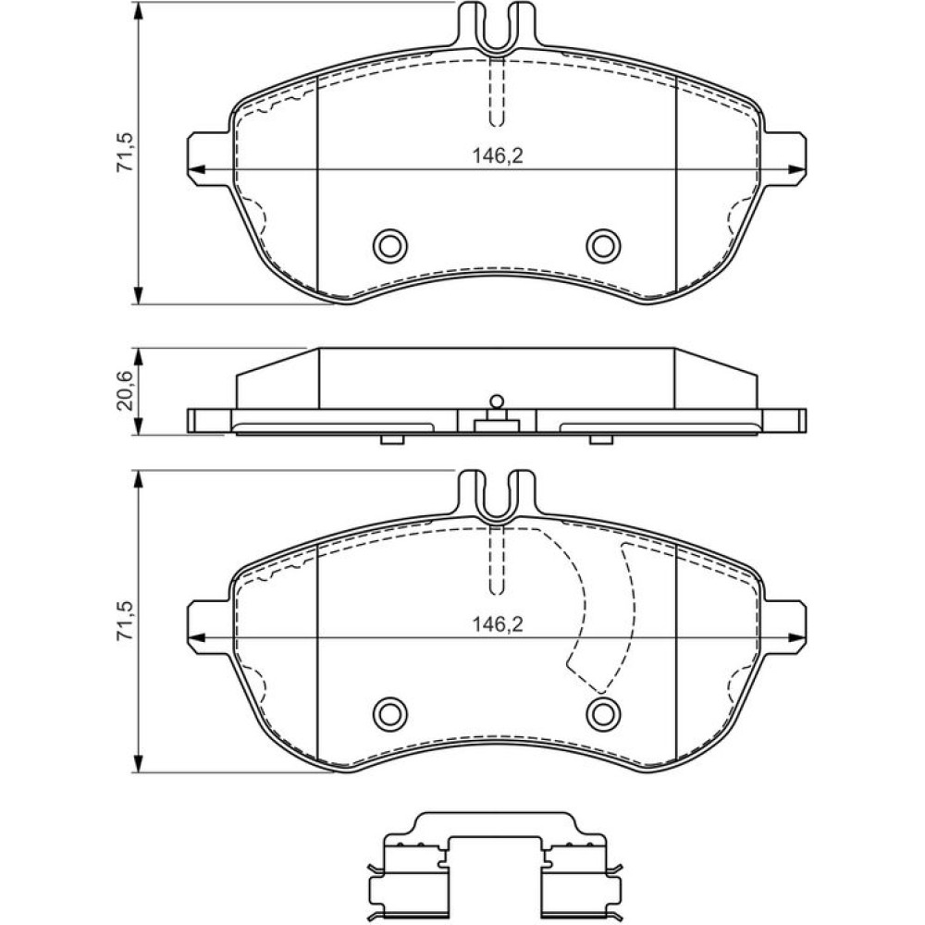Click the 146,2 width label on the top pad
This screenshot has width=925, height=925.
pyautogui.click(x=498, y=155)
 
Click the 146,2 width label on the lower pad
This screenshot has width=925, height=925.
pyautogui.click(x=498, y=624)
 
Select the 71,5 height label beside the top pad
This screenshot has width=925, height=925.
pyautogui.click(x=125, y=153)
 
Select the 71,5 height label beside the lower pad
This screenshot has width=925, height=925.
pyautogui.click(x=125, y=622)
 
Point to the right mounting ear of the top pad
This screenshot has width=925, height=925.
pyautogui.click(x=785, y=159)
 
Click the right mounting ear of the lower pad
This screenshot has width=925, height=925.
pyautogui.click(x=785, y=628)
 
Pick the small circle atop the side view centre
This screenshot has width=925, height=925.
pyautogui.click(x=497, y=401)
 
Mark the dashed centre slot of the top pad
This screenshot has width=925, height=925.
pyautogui.click(x=497, y=92)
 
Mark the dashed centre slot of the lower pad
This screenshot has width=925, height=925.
pyautogui.click(x=497, y=561)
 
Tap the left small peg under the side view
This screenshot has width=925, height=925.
pyautogui.click(x=391, y=439)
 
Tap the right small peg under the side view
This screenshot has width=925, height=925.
pyautogui.click(x=601, y=439)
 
